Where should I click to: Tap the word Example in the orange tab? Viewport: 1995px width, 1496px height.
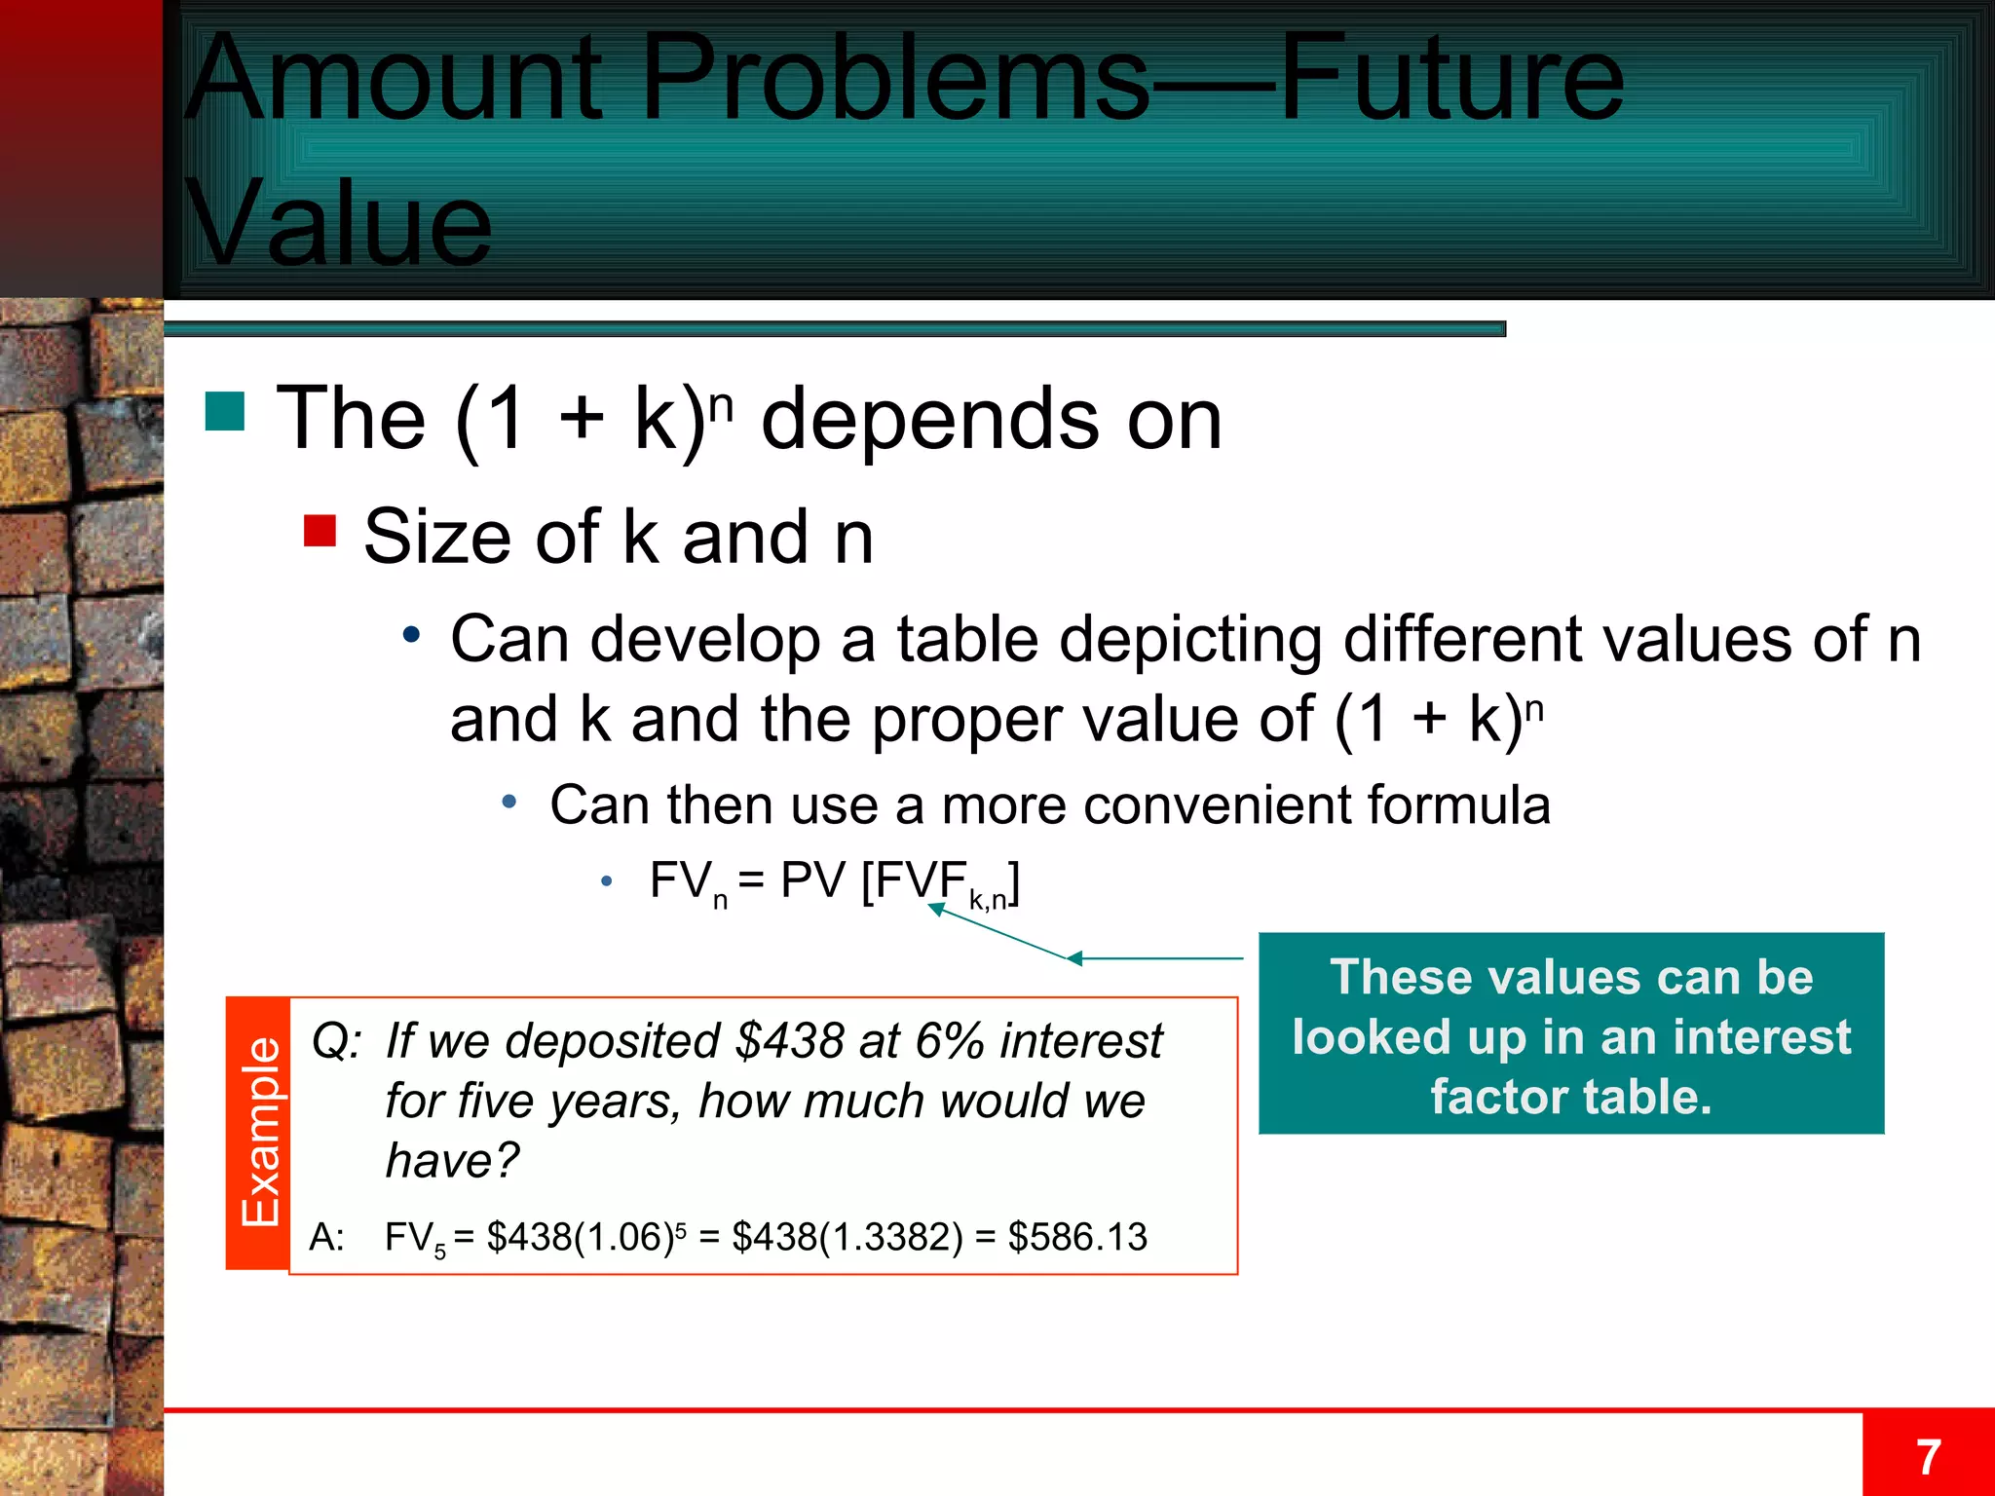(x=260, y=1133)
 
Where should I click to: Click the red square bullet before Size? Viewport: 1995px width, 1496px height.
(x=320, y=531)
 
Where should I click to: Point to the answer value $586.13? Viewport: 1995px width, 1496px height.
(x=1077, y=1237)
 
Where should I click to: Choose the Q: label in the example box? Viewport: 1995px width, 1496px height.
(x=336, y=1041)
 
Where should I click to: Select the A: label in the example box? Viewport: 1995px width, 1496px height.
(x=327, y=1237)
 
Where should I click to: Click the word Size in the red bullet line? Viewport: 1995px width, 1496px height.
(x=436, y=537)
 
